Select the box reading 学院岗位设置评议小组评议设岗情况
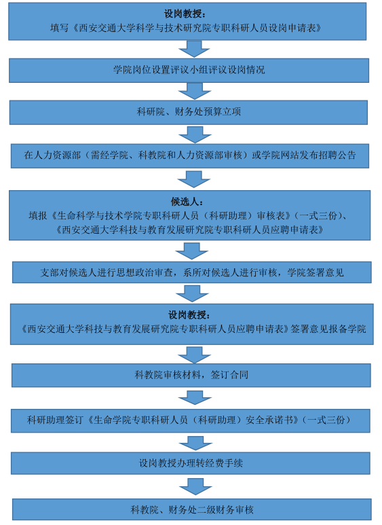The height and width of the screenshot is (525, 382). coord(189,71)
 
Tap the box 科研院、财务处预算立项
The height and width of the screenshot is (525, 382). coord(189,112)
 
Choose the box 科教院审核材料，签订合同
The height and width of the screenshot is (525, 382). coord(191,376)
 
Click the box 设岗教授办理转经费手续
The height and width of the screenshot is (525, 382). coord(191,463)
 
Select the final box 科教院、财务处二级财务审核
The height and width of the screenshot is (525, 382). coord(192,509)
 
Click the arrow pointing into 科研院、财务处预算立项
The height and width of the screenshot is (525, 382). coord(195,91)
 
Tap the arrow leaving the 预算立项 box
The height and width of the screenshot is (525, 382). coord(195,134)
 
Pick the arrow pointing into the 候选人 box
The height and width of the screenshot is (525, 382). coord(194,179)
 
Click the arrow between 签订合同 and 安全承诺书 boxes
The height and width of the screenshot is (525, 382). coord(195,397)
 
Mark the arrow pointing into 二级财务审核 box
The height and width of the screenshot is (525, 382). coord(195,486)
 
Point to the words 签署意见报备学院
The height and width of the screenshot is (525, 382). coord(328,329)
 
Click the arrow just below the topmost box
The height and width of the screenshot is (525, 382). coord(194,49)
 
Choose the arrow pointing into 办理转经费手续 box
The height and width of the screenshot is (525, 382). coord(195,443)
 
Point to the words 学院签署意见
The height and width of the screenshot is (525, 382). coord(316,272)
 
